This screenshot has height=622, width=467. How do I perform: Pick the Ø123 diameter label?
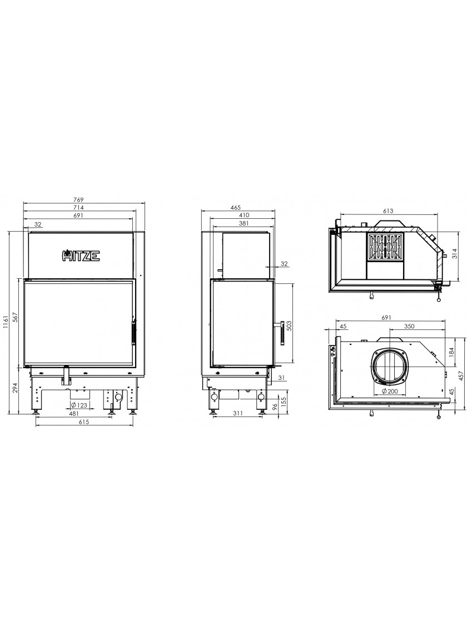click(79, 405)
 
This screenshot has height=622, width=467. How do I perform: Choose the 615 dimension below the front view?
click(83, 423)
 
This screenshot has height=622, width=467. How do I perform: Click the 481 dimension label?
click(74, 413)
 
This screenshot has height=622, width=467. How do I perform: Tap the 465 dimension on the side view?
click(236, 208)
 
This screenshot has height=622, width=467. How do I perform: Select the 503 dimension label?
click(289, 325)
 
